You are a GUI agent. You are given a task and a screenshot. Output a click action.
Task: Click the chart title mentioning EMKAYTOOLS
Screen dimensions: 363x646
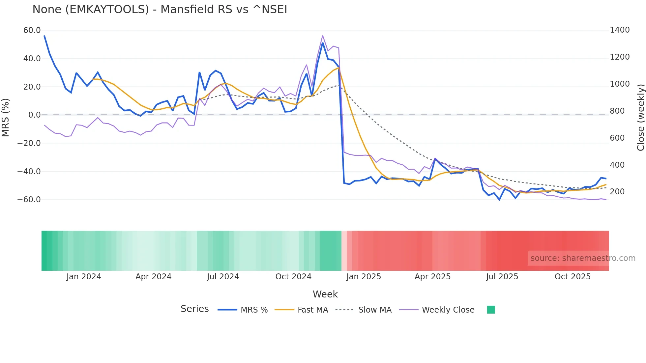[160, 10]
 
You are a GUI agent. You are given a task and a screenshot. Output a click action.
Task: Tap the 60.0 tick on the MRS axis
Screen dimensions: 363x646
[32, 30]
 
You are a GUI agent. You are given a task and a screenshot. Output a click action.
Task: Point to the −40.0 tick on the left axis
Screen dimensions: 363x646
[29, 171]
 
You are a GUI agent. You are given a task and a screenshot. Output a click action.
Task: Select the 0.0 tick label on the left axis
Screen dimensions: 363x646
[34, 115]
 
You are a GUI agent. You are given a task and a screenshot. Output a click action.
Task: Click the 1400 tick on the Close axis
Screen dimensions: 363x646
[620, 30]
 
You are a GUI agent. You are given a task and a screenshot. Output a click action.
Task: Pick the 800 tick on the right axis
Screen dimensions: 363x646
[617, 111]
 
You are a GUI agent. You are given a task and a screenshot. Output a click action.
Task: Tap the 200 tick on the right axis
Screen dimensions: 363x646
[617, 192]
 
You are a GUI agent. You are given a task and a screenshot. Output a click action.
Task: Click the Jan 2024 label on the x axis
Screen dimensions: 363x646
[84, 277]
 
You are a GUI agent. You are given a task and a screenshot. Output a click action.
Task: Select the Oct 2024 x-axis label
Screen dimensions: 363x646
[293, 277]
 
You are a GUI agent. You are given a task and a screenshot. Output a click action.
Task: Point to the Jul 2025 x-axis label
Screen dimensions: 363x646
[502, 277]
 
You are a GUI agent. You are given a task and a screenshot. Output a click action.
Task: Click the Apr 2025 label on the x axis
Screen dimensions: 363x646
[432, 277]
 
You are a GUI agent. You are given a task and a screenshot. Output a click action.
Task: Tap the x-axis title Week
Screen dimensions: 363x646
[325, 294]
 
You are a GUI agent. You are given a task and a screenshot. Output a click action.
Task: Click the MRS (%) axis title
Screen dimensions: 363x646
[6, 118]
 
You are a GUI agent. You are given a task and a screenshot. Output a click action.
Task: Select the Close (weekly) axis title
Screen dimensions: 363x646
[640, 118]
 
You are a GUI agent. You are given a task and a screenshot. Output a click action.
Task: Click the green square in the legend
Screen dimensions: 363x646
[491, 310]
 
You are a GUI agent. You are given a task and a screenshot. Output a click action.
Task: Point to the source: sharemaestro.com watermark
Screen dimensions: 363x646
[583, 258]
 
